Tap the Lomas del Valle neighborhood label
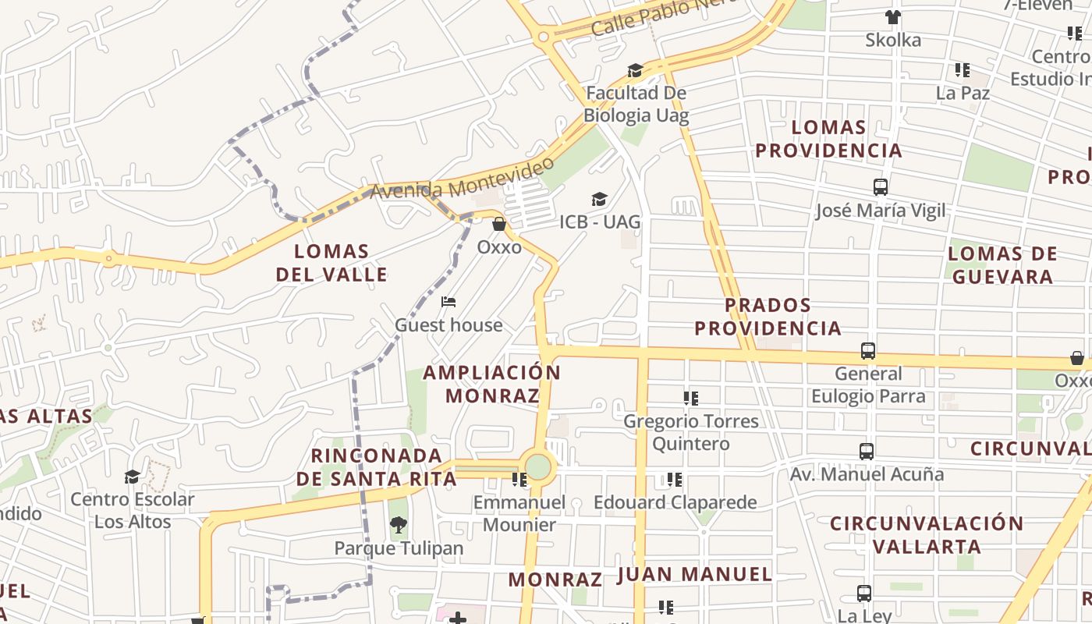(x=331, y=263)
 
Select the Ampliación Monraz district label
(x=492, y=384)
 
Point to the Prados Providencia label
(x=768, y=316)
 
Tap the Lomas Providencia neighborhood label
(x=828, y=138)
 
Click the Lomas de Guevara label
(x=1002, y=264)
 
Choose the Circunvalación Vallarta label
(x=926, y=534)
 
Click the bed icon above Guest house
(x=448, y=302)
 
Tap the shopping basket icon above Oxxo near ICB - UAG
(x=499, y=225)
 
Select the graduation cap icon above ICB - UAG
(x=599, y=200)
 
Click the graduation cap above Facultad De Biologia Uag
(x=636, y=71)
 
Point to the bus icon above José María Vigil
(x=881, y=187)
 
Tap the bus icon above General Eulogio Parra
(x=868, y=351)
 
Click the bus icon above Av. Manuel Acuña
(x=867, y=451)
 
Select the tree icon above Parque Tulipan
(x=399, y=525)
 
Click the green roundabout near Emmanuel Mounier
(x=537, y=467)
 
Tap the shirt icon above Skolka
(x=893, y=17)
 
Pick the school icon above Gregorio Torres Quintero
(x=690, y=399)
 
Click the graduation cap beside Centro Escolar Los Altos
(x=133, y=477)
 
